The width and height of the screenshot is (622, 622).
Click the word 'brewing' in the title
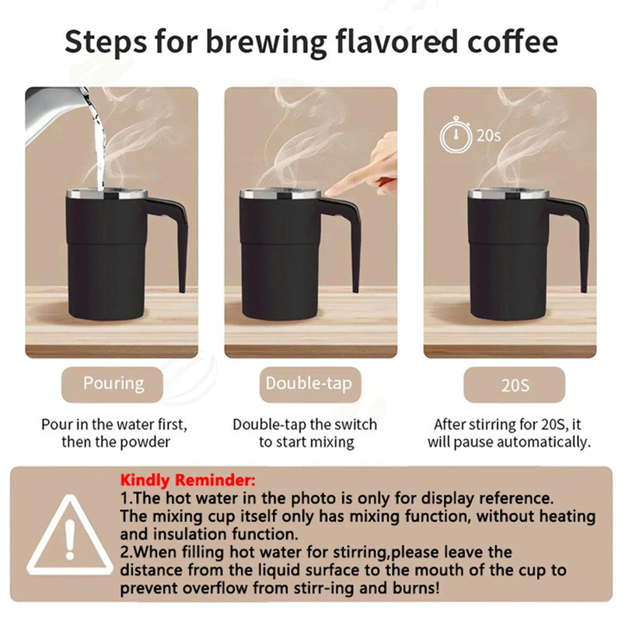[267, 42]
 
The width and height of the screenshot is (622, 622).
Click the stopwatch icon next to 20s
[455, 136]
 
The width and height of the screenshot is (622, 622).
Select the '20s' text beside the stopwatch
[488, 135]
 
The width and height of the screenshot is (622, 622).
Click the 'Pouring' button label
[114, 383]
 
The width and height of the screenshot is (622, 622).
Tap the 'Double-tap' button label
[309, 383]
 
